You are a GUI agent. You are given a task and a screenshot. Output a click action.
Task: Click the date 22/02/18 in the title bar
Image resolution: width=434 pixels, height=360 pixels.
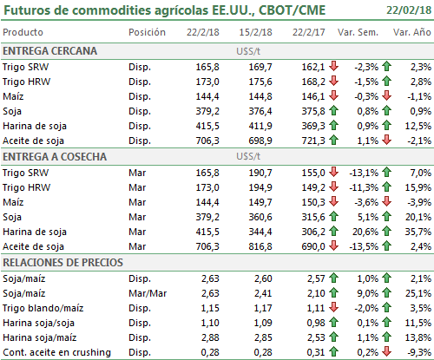click(409, 10)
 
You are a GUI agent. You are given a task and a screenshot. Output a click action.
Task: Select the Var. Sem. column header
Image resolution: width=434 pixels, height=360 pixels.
click(358, 32)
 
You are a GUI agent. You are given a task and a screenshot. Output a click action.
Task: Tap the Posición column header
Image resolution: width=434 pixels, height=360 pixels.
click(147, 32)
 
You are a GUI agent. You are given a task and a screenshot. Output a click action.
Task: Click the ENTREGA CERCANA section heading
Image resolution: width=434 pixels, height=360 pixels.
click(49, 51)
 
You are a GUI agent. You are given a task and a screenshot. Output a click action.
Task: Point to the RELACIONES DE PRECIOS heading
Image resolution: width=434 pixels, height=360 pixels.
click(62, 263)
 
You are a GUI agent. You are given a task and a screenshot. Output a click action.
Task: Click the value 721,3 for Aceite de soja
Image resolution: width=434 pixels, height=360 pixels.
click(313, 141)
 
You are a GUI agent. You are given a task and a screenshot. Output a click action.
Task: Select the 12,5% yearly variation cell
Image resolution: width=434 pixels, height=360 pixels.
click(418, 126)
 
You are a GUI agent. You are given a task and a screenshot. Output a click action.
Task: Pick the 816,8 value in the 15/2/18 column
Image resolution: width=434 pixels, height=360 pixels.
click(260, 246)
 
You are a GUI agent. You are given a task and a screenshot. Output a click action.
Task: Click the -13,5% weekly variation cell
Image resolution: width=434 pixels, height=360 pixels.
click(364, 246)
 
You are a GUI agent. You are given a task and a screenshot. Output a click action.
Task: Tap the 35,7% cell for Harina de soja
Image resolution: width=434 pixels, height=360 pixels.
click(418, 232)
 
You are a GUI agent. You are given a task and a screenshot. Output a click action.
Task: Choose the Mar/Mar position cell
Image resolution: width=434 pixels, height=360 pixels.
click(148, 293)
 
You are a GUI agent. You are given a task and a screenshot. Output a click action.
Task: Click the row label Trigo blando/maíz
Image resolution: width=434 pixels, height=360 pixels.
click(43, 308)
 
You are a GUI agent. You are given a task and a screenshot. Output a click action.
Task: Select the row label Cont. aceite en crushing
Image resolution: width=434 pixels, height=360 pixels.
click(56, 352)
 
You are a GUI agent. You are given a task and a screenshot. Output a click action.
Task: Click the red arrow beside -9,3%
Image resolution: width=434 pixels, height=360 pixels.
click(386, 351)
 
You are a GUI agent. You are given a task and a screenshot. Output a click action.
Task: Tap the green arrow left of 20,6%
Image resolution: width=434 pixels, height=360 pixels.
click(333, 231)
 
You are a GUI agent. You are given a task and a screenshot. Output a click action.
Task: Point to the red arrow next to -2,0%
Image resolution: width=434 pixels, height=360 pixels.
click(333, 307)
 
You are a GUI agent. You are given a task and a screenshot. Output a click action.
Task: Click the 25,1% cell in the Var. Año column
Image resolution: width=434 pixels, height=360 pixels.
click(418, 293)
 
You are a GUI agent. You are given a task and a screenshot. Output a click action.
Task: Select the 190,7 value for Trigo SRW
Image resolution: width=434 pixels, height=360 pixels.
click(260, 173)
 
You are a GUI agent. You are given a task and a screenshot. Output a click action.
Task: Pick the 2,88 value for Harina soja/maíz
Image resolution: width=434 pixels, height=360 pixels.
click(210, 337)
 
